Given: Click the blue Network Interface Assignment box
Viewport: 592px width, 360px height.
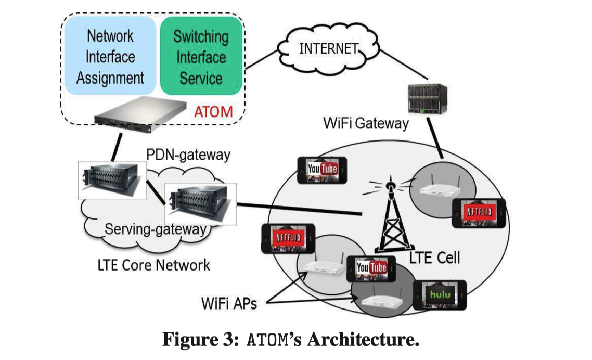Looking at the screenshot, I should tap(109, 57).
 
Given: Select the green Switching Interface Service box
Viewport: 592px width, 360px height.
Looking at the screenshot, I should tap(201, 57).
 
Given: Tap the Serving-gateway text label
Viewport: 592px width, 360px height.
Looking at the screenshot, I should tap(156, 229).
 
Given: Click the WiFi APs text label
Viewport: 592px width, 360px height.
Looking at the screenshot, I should tap(229, 303).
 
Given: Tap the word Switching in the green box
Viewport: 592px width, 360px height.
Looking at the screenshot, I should tap(201, 37).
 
